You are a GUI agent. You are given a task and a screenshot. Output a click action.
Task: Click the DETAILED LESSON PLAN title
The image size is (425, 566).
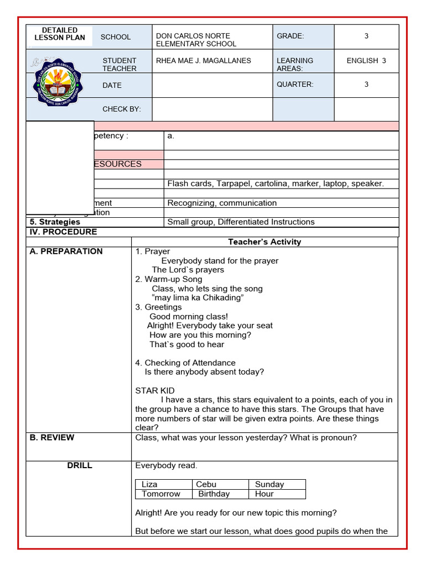(x=60, y=34)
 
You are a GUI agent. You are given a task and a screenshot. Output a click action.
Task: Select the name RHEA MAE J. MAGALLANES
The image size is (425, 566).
(x=204, y=61)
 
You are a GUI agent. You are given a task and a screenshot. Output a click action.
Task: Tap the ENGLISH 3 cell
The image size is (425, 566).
(x=366, y=61)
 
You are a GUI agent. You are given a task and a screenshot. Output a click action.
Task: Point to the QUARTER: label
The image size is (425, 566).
(x=295, y=85)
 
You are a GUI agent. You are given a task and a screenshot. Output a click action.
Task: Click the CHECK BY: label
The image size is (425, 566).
(x=122, y=109)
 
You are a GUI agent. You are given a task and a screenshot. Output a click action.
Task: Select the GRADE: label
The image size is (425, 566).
(x=291, y=36)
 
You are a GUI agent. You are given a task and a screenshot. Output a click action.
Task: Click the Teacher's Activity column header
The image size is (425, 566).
(x=265, y=242)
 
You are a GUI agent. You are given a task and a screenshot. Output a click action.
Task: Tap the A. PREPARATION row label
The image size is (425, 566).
(x=66, y=251)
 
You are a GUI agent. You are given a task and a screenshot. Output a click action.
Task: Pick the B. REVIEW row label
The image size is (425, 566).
(x=52, y=438)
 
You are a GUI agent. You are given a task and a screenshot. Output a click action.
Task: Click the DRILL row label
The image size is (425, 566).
(x=80, y=465)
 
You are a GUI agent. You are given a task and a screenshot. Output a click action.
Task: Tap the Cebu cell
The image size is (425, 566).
(x=206, y=484)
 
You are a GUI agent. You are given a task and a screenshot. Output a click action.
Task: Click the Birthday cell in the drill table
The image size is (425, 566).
(x=214, y=494)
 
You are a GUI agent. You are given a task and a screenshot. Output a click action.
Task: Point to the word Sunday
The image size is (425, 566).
(x=269, y=484)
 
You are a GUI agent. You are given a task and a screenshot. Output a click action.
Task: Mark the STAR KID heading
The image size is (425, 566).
(x=155, y=391)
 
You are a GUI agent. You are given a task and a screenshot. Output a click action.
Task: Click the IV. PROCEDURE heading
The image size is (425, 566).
(x=63, y=232)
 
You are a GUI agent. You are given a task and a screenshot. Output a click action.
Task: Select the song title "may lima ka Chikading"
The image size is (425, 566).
(x=198, y=298)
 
